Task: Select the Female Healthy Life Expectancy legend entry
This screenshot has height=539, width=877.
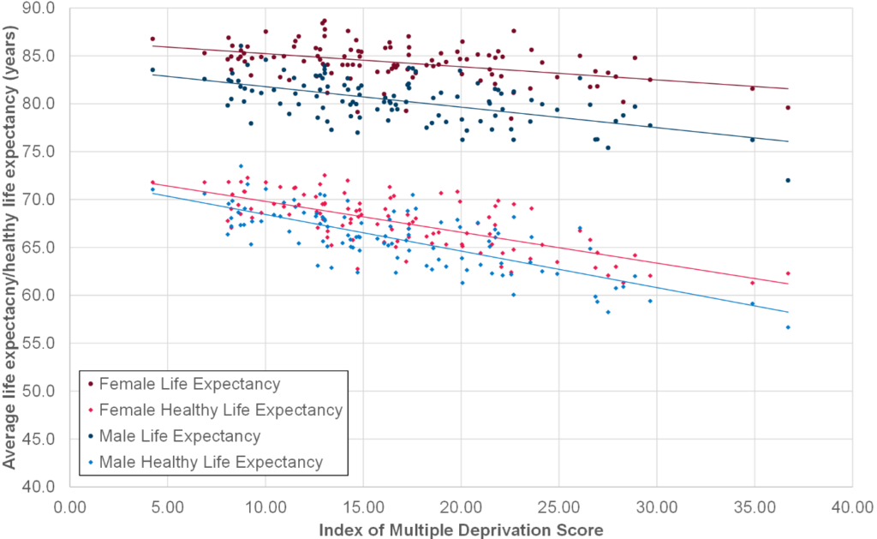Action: point(221,410)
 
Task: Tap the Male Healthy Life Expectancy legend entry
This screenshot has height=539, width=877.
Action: point(212,462)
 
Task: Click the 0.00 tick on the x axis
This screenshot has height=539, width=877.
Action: point(69,506)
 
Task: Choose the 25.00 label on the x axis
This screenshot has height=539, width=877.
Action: point(558,506)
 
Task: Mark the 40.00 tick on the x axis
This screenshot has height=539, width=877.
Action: point(852,506)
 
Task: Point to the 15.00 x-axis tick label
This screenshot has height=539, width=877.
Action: point(363,506)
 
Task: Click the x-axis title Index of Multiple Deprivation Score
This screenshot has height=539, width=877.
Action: point(461,530)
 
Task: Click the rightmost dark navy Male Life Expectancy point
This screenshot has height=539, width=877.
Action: point(787,180)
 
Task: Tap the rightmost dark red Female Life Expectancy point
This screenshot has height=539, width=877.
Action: point(787,108)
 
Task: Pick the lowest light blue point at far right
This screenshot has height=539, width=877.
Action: point(787,327)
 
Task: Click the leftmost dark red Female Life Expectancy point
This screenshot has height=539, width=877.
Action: point(152,39)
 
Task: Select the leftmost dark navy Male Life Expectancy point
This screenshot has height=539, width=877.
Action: point(152,69)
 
